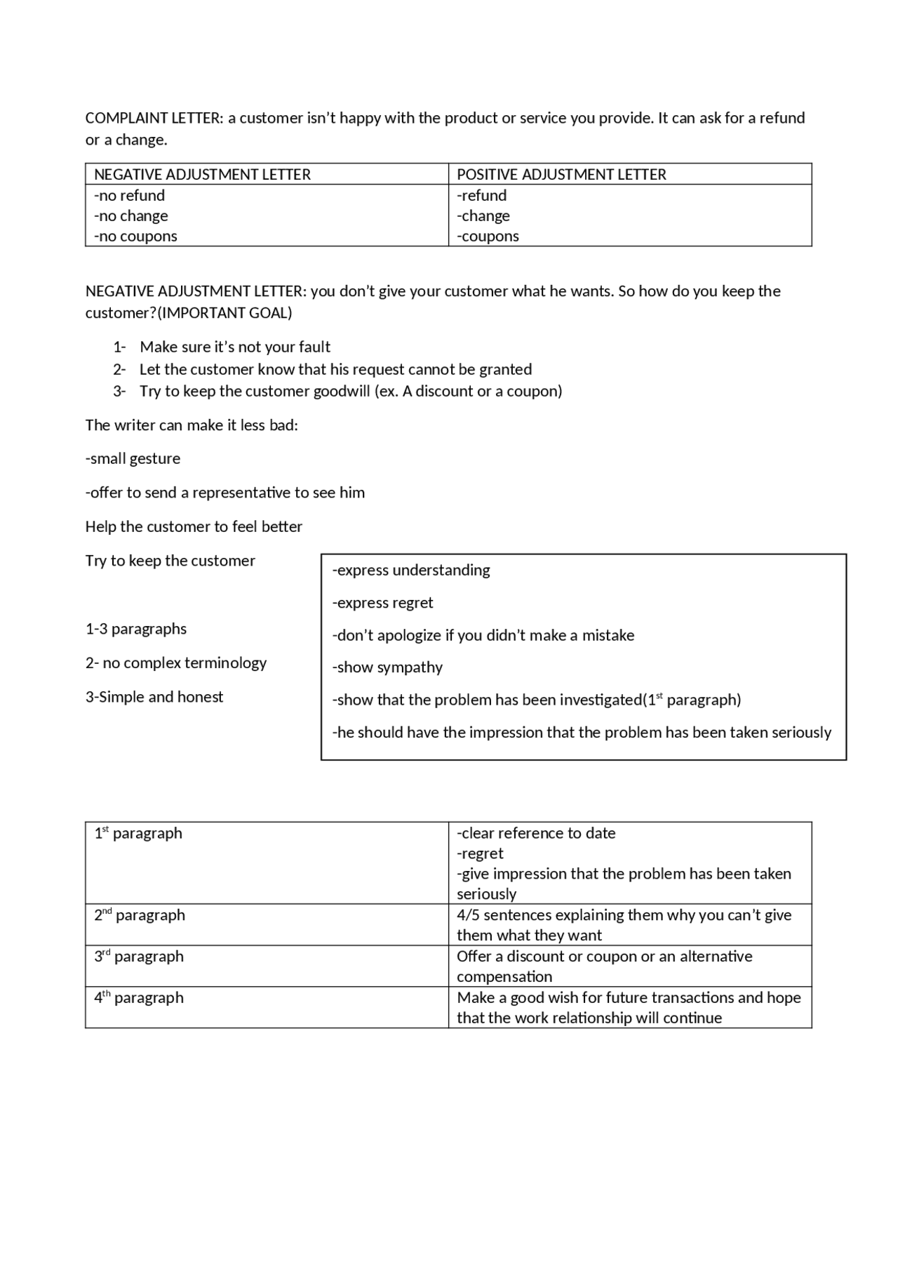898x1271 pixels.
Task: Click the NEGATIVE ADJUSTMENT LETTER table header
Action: pos(202,174)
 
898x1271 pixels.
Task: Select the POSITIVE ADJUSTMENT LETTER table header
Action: pos(561,174)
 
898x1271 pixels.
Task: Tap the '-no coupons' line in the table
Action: pos(135,236)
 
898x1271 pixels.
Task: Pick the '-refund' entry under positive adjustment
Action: pos(482,195)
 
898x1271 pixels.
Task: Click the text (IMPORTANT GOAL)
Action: pos(224,313)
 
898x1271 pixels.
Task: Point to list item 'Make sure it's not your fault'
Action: pos(235,347)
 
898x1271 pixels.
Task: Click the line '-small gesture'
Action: pos(133,458)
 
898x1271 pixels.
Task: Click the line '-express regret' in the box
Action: pos(382,602)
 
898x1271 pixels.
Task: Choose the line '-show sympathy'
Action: pos(387,667)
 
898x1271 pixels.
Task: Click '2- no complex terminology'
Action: pos(176,663)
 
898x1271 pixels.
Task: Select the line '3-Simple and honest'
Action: pos(154,697)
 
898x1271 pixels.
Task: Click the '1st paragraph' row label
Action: pos(138,833)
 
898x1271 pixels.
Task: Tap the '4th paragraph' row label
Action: pos(139,997)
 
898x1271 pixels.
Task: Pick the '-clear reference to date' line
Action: pos(536,833)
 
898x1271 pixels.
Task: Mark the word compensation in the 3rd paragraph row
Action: pos(504,976)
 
